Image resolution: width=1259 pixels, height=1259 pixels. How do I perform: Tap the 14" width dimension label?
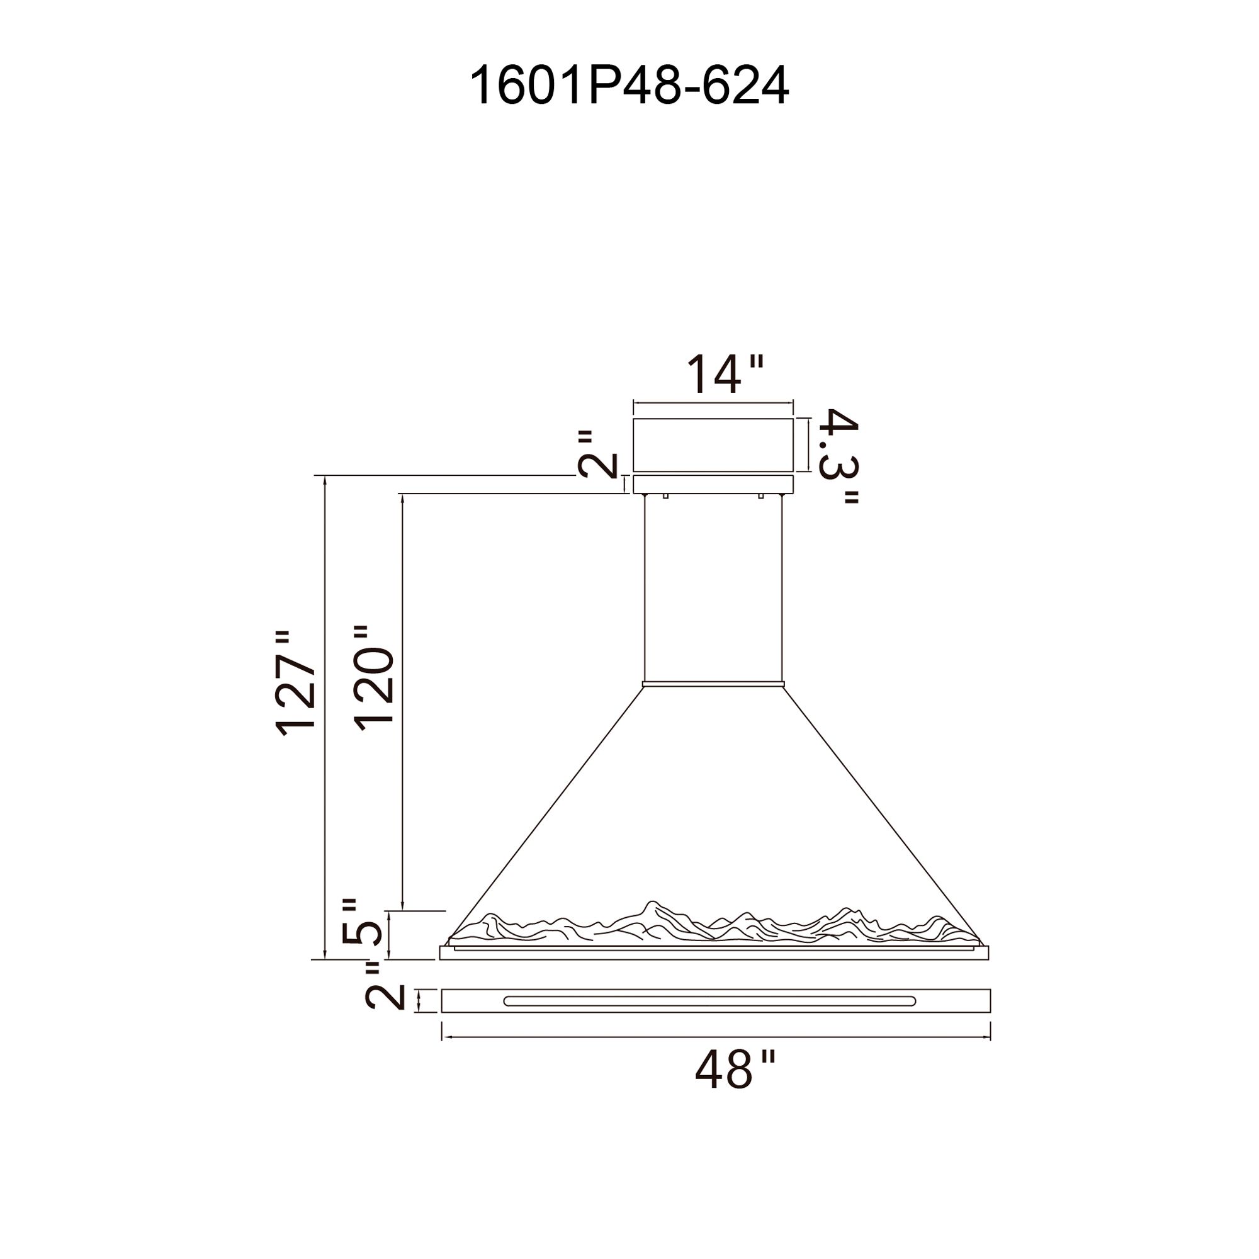tap(724, 373)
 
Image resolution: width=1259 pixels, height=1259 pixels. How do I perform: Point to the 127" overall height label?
tap(296, 683)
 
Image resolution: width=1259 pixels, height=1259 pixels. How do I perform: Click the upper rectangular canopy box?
tap(713, 445)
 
